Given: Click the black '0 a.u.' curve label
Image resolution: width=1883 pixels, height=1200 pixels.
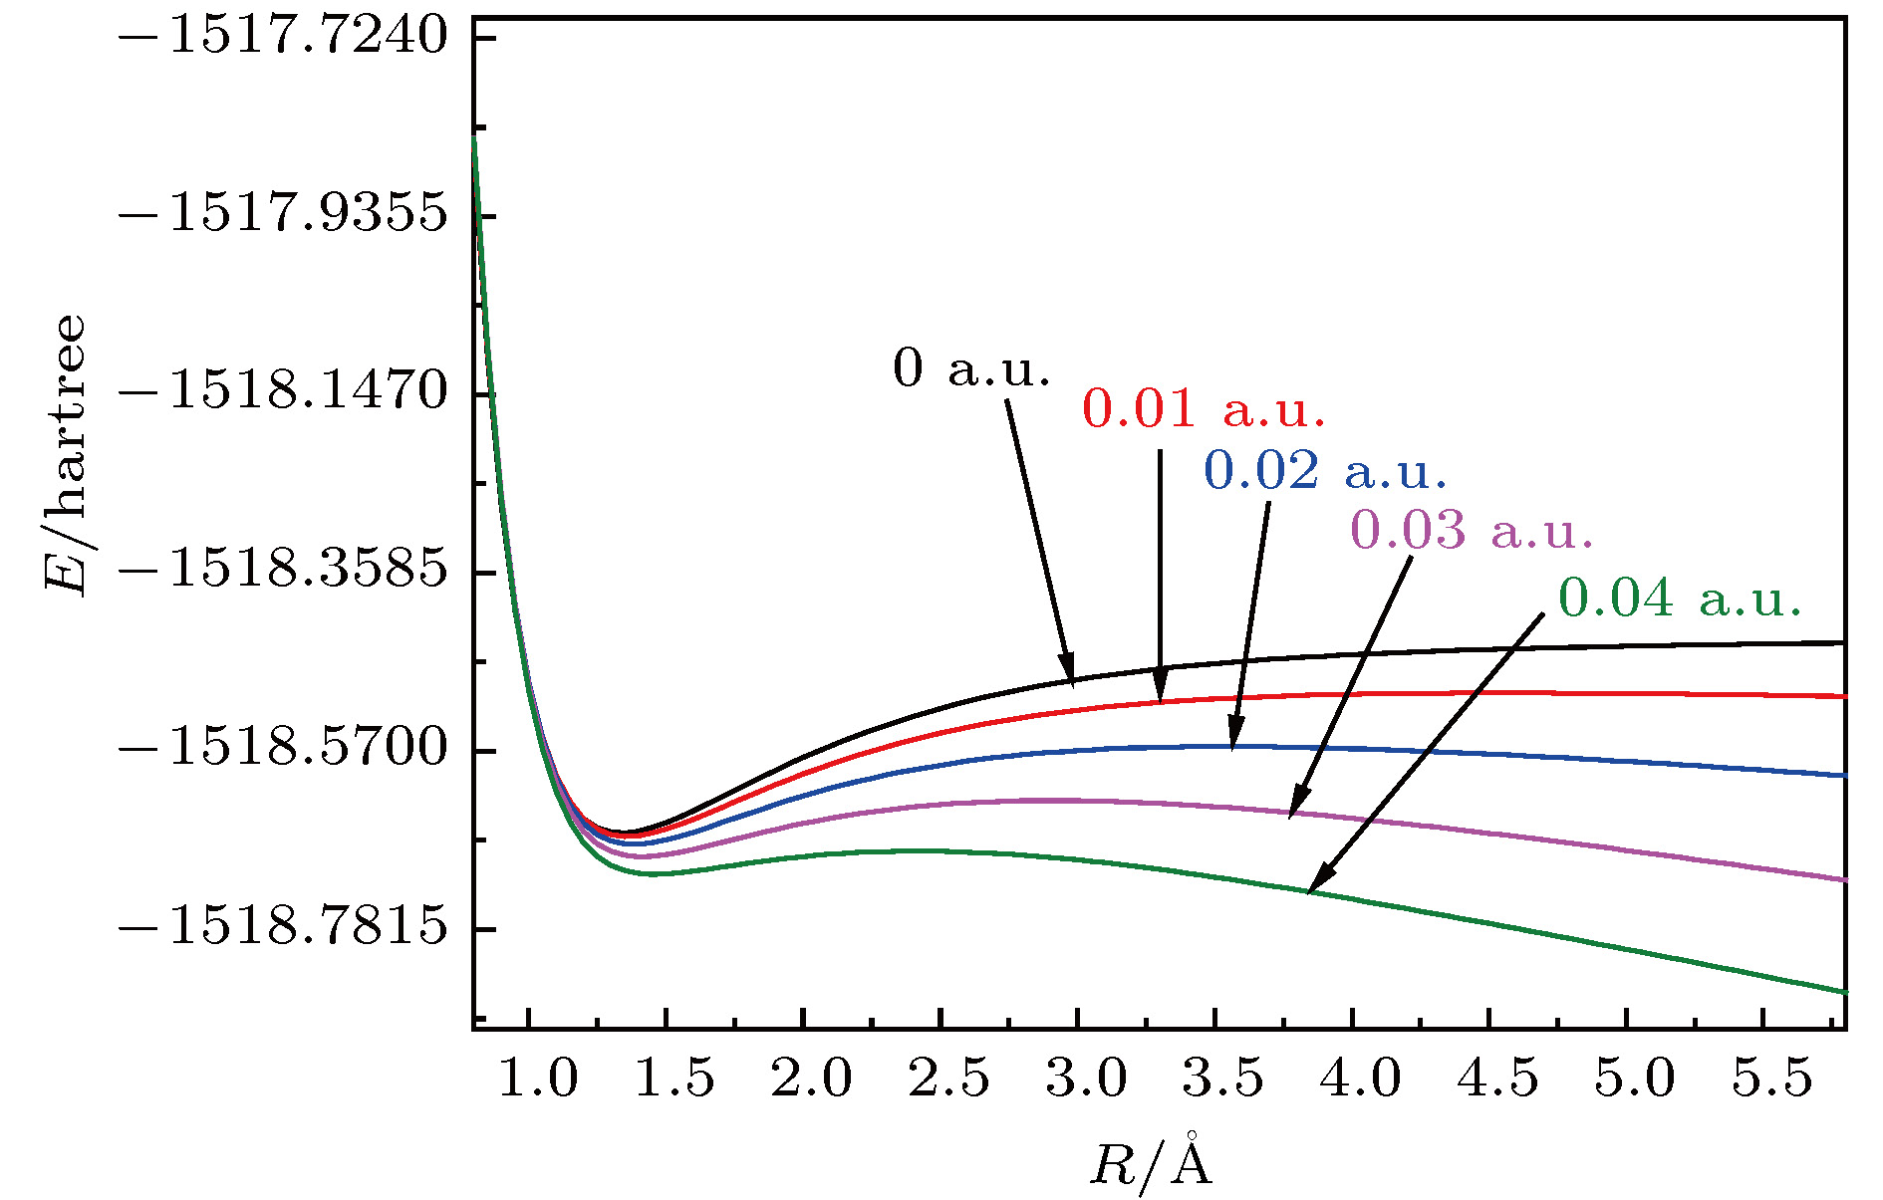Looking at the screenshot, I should (x=971, y=368).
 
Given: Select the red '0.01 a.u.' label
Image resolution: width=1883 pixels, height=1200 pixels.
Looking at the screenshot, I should (x=1204, y=409).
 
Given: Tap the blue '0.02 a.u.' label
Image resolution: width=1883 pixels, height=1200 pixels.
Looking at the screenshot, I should (x=1325, y=470).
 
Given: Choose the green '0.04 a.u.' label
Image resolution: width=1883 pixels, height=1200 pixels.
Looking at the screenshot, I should (x=1680, y=598).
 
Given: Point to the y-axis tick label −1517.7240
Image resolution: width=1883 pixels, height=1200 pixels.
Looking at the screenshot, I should (x=283, y=37).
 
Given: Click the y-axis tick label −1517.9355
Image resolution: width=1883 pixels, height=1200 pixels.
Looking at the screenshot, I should (x=283, y=214).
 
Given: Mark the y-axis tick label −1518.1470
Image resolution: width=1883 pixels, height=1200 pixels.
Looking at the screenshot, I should (x=283, y=392).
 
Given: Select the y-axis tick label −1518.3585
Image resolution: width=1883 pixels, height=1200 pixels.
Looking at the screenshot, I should (x=283, y=571).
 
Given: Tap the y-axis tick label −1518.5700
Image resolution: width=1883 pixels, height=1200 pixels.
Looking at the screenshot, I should (x=283, y=749).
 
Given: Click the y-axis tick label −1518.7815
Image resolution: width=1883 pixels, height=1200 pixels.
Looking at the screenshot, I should (x=283, y=927).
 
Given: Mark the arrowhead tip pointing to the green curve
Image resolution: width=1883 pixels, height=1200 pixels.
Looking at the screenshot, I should (x=1308, y=890).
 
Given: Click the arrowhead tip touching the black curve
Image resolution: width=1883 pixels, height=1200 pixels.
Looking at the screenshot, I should (x=1072, y=684).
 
